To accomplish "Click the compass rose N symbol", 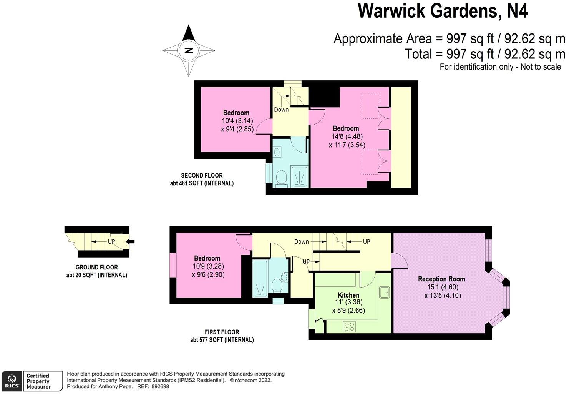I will point(188,50).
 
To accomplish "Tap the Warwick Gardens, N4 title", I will point(443,11).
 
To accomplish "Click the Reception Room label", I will point(441,279).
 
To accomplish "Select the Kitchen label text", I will point(348,295).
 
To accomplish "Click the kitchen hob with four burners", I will point(349,327).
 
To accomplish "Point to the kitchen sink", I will point(385,293).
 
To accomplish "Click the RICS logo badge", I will point(12,381).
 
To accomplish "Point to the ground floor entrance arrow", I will point(131,242).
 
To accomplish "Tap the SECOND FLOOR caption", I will point(202,176).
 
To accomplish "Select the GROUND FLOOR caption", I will point(96,267).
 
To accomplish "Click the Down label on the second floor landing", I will point(281,110).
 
